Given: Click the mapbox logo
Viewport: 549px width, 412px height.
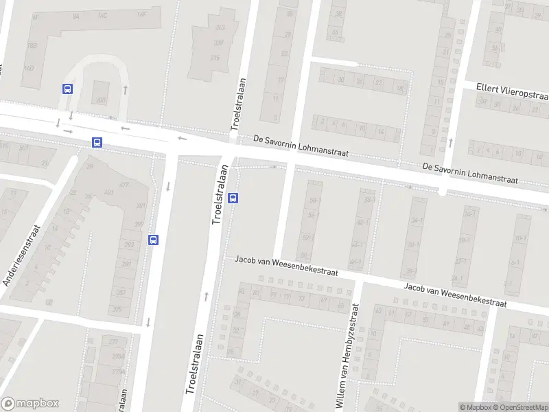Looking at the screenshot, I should (30, 403).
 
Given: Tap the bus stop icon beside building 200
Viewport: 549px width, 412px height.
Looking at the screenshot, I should (67, 89).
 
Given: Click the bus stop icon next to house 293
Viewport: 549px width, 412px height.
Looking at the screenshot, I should (153, 240).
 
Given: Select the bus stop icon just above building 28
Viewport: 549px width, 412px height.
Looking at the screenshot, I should (97, 143).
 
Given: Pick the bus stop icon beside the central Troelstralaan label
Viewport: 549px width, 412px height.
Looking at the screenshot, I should (233, 198).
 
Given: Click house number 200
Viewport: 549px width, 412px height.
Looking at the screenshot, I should (101, 100).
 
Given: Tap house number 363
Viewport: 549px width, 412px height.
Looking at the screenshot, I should (220, 27).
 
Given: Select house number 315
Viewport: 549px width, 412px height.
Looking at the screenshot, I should (215, 58).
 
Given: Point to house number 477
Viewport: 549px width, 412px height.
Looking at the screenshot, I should (124, 185).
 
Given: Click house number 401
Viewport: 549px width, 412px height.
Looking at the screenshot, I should (108, 192).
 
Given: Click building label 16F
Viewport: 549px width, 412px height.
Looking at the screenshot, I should (142, 13).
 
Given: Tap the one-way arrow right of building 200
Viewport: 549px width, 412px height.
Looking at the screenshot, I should (125, 89).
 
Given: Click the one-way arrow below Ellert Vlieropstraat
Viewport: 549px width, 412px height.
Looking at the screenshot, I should (451, 143).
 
